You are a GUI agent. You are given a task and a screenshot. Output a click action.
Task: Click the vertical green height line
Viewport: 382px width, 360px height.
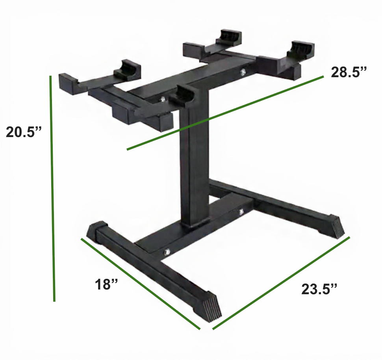52,189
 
